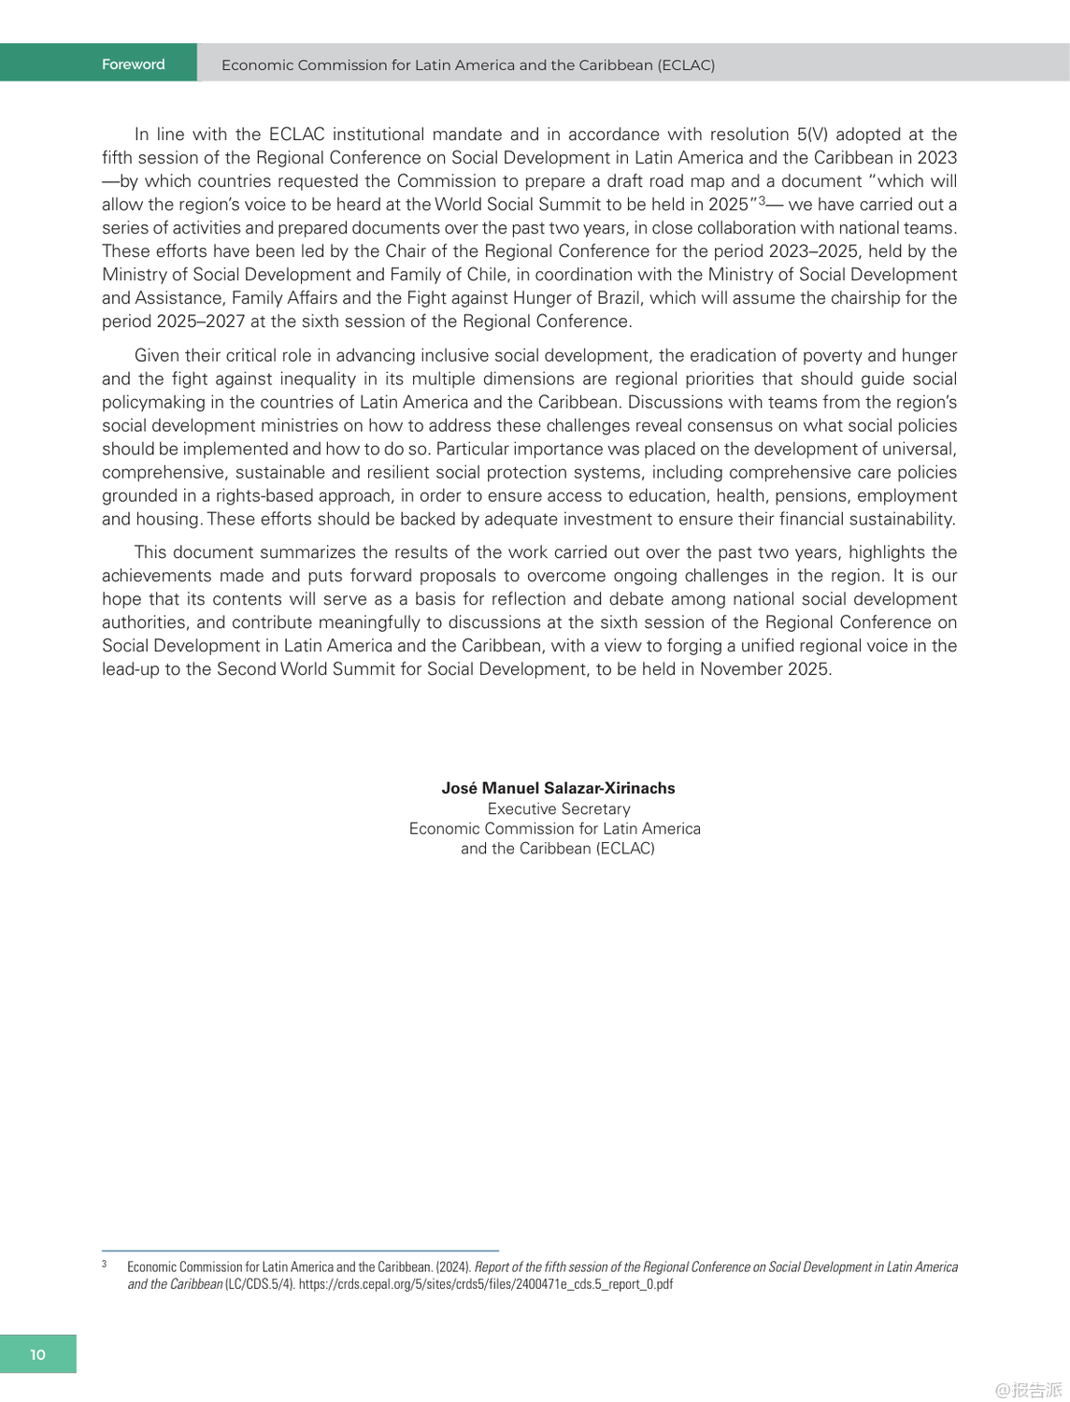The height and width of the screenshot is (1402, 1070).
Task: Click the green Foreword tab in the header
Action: click(x=133, y=64)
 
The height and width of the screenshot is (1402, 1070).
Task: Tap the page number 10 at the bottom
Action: click(x=37, y=1354)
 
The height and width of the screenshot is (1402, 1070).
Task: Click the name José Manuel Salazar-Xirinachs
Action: click(x=558, y=788)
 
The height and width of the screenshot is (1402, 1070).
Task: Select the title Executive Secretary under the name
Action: click(x=559, y=808)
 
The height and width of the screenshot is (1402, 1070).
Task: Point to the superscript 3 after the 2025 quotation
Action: click(x=762, y=201)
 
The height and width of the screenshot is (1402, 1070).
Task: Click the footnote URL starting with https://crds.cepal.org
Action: click(x=485, y=1284)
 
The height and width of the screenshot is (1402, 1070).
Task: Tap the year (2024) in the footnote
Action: click(x=453, y=1267)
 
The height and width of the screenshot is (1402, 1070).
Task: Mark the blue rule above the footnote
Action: click(x=300, y=1251)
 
